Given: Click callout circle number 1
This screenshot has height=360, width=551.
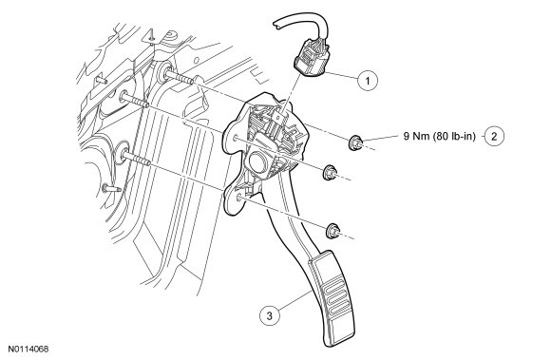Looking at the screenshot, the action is tap(368, 81).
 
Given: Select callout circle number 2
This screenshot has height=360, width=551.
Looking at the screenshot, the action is tap(494, 136).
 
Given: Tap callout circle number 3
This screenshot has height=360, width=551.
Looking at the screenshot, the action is tap(270, 315).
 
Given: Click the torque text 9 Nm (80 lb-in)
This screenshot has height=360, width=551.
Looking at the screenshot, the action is tap(439, 136).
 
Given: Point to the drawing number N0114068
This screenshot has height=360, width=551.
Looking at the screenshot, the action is tap(28, 350).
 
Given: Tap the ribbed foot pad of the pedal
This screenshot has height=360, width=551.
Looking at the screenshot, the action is tap(332, 297).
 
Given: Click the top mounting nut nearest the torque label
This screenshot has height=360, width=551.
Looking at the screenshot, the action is tap(355, 142).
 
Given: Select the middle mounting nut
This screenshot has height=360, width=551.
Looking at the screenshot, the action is tap(330, 172).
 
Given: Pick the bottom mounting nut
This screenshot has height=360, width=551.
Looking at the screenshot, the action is tap(332, 231).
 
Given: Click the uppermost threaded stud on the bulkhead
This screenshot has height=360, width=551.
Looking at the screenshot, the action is tap(179, 77).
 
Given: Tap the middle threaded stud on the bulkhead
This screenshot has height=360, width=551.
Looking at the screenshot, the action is tap(135, 100).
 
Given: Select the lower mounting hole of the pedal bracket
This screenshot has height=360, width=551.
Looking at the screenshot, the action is tap(239, 198).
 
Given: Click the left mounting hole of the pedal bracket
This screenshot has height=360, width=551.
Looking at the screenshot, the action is tap(235, 138).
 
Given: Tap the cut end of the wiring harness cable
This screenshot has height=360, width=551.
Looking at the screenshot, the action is tap(276, 24).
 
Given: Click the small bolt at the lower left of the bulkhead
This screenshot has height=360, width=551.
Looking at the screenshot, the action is tap(111, 189).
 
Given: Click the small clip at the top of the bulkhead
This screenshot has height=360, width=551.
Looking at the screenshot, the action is tap(151, 36).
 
